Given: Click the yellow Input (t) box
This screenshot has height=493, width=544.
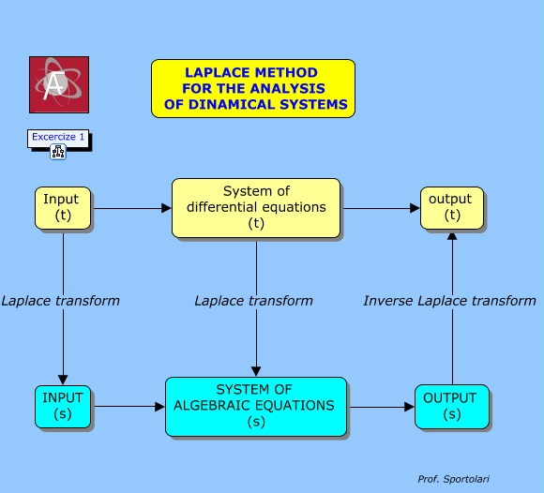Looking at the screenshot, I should (x=62, y=208).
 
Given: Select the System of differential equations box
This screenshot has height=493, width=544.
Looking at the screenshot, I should (x=256, y=207).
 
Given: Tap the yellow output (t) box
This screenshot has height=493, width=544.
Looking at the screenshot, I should (x=452, y=208).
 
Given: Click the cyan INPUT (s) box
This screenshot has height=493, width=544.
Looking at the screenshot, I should (x=63, y=406).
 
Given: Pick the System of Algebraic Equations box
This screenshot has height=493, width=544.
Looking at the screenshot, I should (x=256, y=406).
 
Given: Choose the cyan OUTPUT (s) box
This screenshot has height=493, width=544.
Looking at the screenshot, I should (x=451, y=406).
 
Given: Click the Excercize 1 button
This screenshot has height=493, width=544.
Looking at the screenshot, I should (x=58, y=138).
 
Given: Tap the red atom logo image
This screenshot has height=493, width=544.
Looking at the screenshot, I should (x=59, y=84).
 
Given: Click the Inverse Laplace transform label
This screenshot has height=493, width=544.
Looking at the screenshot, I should (x=449, y=301).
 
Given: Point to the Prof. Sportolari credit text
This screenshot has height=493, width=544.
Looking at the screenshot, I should (x=453, y=479).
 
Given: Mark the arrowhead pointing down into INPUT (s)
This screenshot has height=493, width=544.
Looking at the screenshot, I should (x=63, y=379).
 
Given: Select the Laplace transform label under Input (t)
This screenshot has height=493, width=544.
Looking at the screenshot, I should (x=60, y=301).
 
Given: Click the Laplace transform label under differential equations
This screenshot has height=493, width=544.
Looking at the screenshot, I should (x=253, y=301).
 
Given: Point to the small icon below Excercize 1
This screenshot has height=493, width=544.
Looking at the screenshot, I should (x=58, y=152).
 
